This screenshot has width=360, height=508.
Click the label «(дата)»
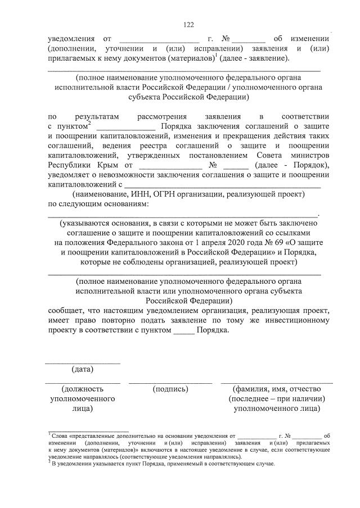click(83, 369)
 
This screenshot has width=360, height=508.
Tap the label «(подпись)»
click(170, 388)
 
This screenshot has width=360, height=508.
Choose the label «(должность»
click(83, 388)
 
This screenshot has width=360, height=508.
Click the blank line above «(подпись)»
click(170, 383)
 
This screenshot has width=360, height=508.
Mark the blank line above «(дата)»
click(83, 363)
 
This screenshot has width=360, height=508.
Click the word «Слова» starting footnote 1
click(60, 436)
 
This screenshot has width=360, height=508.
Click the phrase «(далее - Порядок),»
click(291, 165)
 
